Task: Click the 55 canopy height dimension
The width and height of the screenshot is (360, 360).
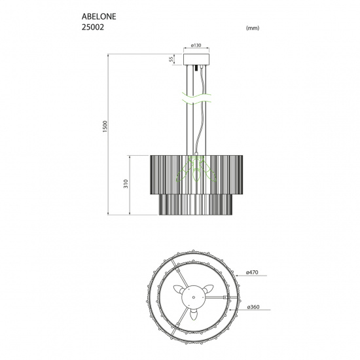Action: tap(171, 60)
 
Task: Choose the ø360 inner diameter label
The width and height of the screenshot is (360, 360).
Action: tap(254, 307)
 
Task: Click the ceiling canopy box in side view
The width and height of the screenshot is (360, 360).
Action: tap(196, 60)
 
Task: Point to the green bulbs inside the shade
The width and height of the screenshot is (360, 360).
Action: tap(196, 171)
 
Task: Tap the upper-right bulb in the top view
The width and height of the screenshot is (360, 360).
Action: tap(210, 289)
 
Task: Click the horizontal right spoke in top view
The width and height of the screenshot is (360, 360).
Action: tap(216, 298)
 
